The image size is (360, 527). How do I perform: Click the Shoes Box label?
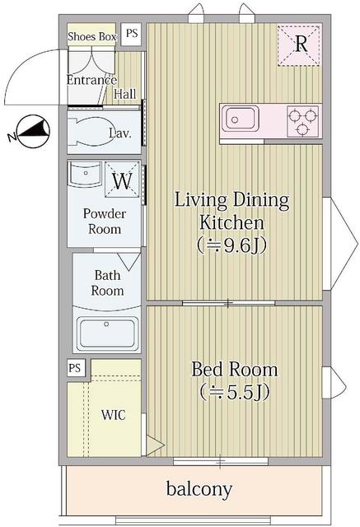(92, 35)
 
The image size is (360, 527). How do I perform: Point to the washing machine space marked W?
(122, 180)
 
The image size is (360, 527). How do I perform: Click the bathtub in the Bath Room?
(108, 333)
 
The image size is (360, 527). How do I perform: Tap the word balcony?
(199, 488)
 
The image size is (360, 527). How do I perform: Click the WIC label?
(113, 414)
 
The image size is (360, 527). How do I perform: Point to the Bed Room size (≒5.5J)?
(234, 392)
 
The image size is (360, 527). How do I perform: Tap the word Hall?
(125, 95)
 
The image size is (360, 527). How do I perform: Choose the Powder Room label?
(105, 221)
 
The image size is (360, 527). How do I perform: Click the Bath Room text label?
(108, 282)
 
